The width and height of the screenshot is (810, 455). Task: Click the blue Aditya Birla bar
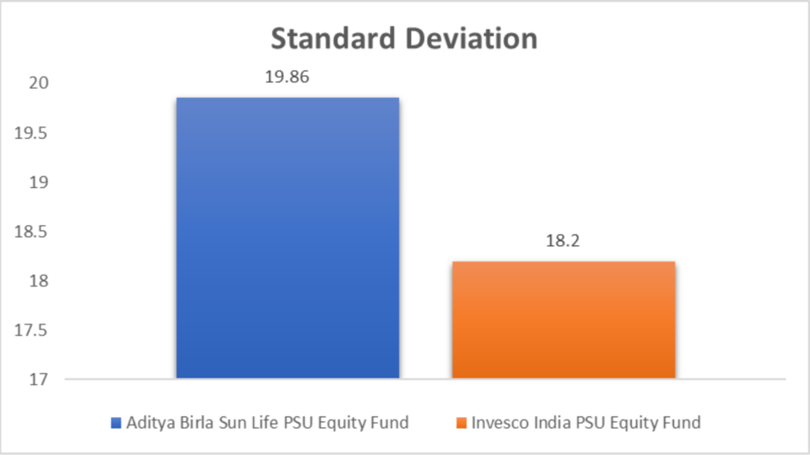click(x=288, y=238)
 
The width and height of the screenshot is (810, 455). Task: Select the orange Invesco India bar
click(x=564, y=320)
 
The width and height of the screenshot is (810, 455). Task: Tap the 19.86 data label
click(x=287, y=77)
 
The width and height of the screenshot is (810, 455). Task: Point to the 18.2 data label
click(x=563, y=241)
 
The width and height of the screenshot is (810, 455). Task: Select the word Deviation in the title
click(x=471, y=39)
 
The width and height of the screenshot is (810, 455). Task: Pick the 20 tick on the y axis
click(x=38, y=83)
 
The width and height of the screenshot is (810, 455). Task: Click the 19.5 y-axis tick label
click(x=30, y=133)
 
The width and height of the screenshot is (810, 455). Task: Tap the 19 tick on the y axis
click(x=38, y=182)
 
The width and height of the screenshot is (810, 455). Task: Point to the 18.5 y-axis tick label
click(x=30, y=232)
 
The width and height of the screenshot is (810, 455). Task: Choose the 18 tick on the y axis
click(x=38, y=281)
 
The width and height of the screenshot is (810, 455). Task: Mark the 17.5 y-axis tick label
click(x=30, y=330)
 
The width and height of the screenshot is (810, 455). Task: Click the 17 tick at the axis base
click(x=38, y=380)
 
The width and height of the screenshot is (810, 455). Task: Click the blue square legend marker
click(x=116, y=423)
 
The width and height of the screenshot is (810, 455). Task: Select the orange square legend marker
click(x=462, y=423)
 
